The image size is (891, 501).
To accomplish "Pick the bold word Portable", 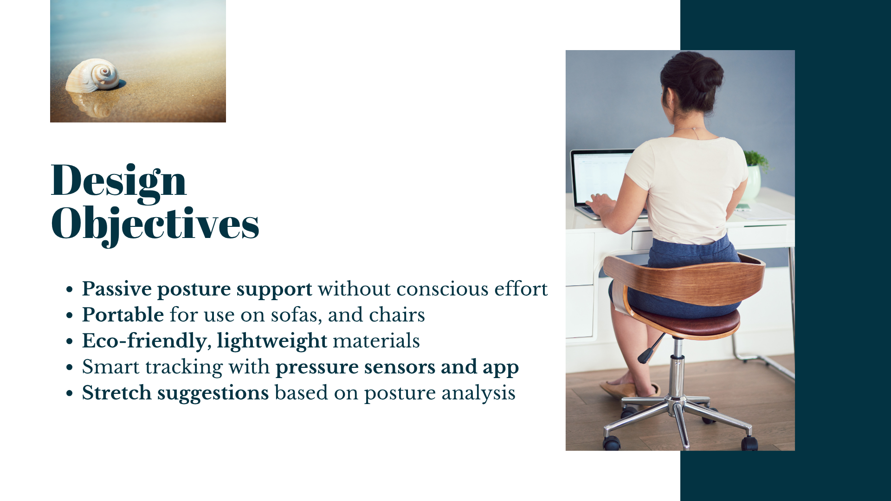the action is tap(123, 315).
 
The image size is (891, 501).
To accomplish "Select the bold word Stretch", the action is tap(116, 393).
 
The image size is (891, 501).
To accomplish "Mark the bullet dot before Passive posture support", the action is tap(70, 290).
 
